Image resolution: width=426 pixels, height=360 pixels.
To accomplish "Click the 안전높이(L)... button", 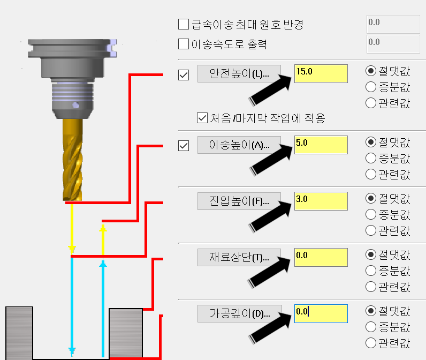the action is [x=240, y=73].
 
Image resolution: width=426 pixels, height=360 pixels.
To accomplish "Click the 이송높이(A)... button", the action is [x=240, y=145].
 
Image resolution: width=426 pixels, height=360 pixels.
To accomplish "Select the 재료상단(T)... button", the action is [x=240, y=257].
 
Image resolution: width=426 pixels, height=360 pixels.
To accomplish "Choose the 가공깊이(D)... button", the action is [x=240, y=313].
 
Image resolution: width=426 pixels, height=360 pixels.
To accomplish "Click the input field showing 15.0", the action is [x=321, y=73].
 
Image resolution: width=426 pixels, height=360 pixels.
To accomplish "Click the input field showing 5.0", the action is [x=321, y=145].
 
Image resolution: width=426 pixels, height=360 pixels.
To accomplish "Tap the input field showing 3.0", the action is [x=321, y=201].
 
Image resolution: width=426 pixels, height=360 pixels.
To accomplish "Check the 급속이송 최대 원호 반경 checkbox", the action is [x=184, y=24].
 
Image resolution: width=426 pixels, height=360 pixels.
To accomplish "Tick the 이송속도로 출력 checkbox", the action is [x=184, y=44].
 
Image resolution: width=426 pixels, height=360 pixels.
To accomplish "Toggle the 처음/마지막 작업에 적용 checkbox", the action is [x=202, y=118].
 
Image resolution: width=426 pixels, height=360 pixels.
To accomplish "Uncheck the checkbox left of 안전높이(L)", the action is [x=184, y=74].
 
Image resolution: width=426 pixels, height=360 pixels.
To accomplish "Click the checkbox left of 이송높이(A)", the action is [x=184, y=145].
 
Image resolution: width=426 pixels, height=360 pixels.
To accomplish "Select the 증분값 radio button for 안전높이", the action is [x=370, y=87].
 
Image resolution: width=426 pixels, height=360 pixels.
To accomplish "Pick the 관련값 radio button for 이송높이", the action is [x=370, y=174].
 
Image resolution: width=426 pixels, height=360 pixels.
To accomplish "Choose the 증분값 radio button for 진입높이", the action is [x=370, y=214].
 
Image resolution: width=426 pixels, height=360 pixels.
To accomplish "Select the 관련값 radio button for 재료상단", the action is [x=370, y=286].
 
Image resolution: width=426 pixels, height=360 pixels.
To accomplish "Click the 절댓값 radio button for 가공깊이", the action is [x=370, y=311].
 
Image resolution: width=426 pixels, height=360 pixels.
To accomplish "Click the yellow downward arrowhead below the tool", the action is [x=72, y=250].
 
